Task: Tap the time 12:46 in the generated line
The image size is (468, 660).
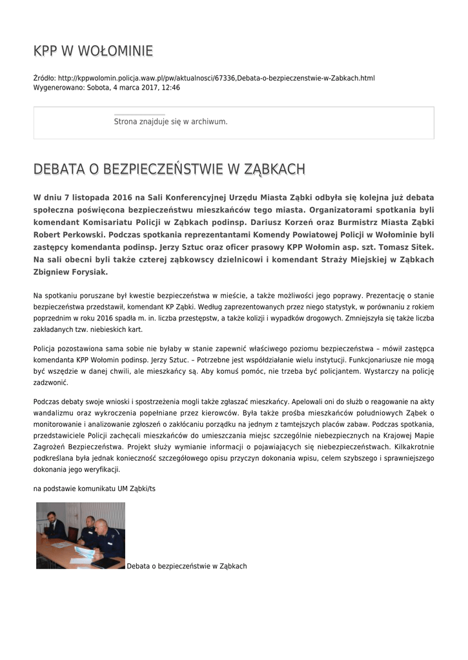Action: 171,87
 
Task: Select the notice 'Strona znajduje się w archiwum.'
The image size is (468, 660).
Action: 170,121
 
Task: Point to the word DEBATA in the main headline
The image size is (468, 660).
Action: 60,169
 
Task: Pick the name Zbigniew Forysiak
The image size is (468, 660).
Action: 70,271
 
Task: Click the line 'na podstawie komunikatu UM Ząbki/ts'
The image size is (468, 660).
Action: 94,489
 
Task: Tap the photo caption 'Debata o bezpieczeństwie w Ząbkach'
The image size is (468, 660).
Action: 187,566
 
